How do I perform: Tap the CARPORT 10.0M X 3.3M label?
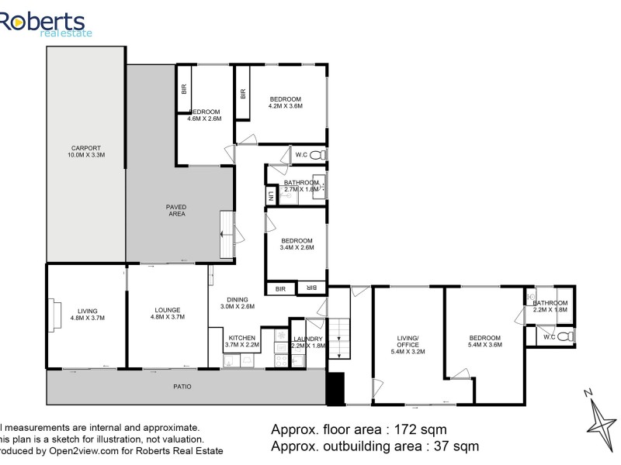[x=86, y=152]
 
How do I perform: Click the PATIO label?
[x=182, y=386]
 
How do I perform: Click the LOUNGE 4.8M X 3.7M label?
[x=167, y=313]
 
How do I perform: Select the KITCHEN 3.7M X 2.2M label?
[x=241, y=342]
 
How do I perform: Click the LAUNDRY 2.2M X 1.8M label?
[x=308, y=342]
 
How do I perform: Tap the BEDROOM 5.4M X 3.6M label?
[x=485, y=341]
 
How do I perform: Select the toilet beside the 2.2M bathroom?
[x=571, y=337]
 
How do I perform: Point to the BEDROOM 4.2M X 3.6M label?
[x=285, y=102]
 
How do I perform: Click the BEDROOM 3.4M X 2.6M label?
[x=297, y=244]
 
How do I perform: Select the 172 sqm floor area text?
[x=358, y=429]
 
